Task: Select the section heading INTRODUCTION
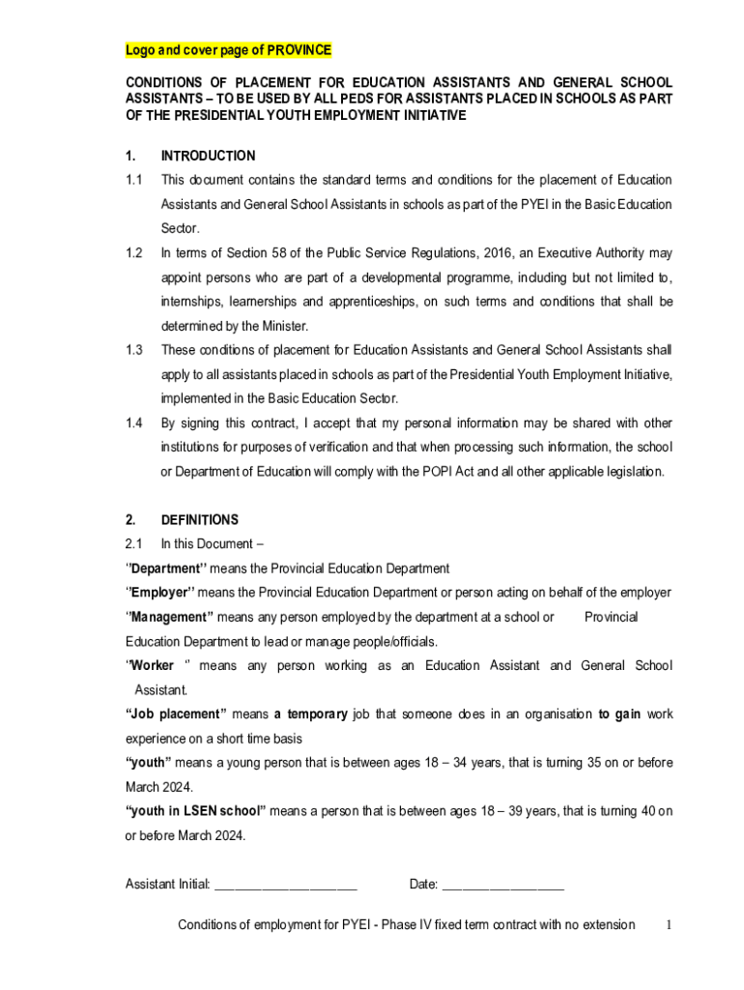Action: tap(208, 156)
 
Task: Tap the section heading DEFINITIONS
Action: tap(200, 519)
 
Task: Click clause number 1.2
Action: tap(134, 253)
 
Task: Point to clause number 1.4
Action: tap(134, 423)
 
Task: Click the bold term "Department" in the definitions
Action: tap(166, 568)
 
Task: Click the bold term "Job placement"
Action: tap(176, 714)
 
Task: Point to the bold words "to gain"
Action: tap(619, 714)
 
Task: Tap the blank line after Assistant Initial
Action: tap(286, 884)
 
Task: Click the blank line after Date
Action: tap(502, 884)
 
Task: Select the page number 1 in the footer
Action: tap(669, 925)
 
